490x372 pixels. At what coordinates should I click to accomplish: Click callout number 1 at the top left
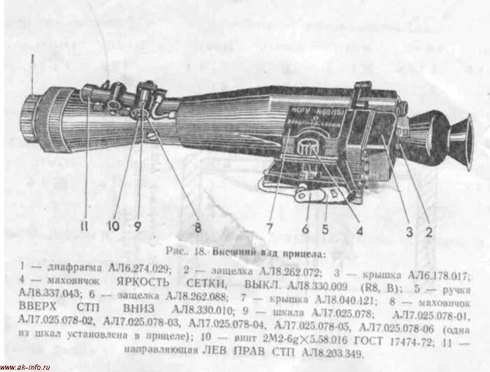click(x=32, y=67)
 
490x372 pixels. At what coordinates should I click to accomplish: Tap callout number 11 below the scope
click(x=85, y=226)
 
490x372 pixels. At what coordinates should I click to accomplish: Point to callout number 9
click(x=138, y=226)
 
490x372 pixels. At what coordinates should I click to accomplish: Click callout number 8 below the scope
click(x=198, y=226)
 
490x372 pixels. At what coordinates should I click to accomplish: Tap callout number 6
click(x=305, y=226)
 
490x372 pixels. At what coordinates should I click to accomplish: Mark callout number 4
click(x=360, y=226)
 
